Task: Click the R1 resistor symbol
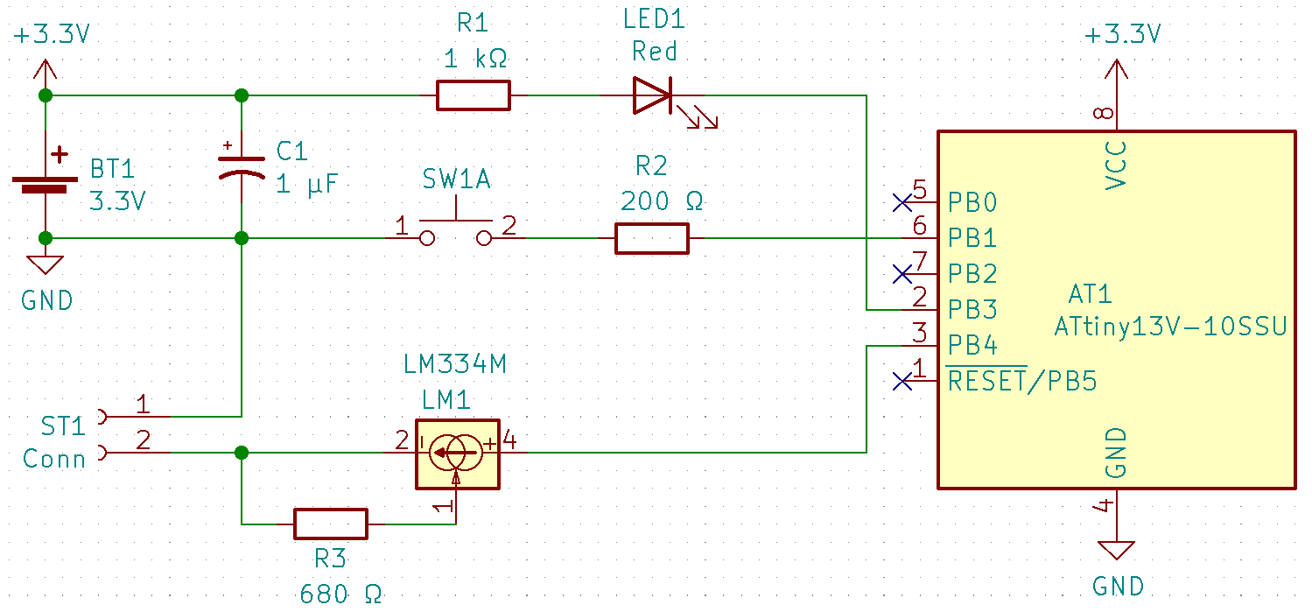[473, 95]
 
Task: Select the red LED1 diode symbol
[653, 95]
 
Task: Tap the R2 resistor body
[651, 238]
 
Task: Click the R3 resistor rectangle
[330, 524]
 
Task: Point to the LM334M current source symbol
[456, 453]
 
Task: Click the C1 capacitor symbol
[242, 166]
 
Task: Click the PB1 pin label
[972, 238]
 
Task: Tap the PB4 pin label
[972, 345]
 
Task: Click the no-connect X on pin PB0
[902, 203]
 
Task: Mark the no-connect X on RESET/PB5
[902, 381]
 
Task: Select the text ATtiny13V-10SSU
[1170, 327]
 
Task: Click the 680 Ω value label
[340, 594]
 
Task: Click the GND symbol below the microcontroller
[1116, 551]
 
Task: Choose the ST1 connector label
[63, 426]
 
